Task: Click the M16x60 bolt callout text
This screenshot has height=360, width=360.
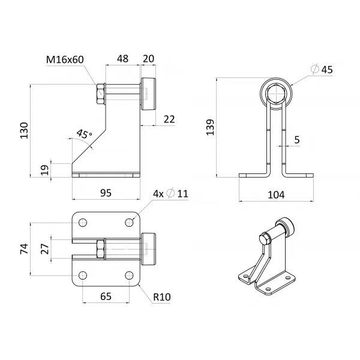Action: pos(65,59)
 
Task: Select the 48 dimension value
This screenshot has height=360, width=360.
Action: pos(122,59)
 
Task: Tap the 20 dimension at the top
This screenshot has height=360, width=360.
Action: pos(149,59)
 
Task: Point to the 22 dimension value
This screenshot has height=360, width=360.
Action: pos(169,119)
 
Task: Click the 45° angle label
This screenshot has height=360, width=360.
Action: pos(84,134)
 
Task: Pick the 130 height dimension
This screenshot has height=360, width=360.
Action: pos(24,130)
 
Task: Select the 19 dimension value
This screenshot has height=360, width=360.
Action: pos(45,170)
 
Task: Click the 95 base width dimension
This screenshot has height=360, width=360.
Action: pos(106,193)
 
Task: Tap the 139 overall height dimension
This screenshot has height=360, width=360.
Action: pos(210,127)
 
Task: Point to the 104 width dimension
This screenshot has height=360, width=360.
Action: pos(276,195)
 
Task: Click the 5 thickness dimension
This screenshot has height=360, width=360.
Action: pos(297,140)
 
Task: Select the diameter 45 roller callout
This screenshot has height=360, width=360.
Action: pos(322,70)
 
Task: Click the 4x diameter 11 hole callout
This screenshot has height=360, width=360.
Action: pos(170,194)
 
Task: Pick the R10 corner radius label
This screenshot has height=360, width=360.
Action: pos(162,297)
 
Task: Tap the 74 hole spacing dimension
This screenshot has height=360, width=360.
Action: pos(24,249)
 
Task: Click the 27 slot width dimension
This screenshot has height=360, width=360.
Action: pos(45,249)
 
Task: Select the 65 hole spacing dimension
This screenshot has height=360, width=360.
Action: pos(106,296)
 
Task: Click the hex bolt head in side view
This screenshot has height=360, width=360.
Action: pos(101,94)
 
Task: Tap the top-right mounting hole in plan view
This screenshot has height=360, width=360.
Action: pos(129,223)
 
